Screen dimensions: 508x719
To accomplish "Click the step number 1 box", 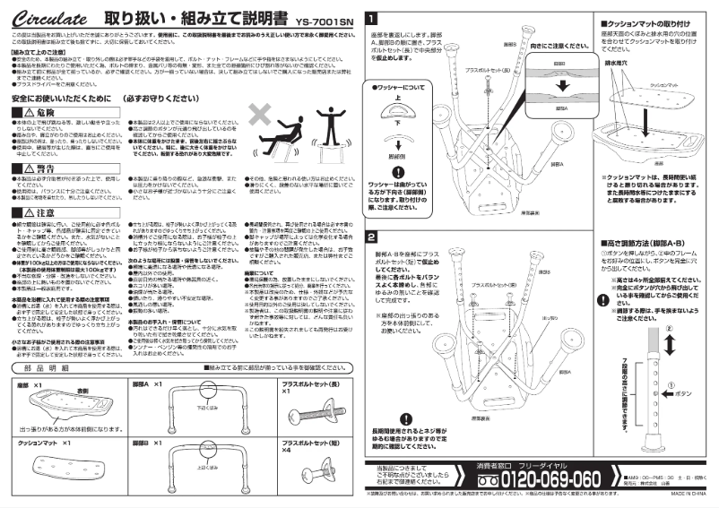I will [x=372, y=17].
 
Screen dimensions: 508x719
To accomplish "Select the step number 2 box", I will [x=372, y=237].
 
